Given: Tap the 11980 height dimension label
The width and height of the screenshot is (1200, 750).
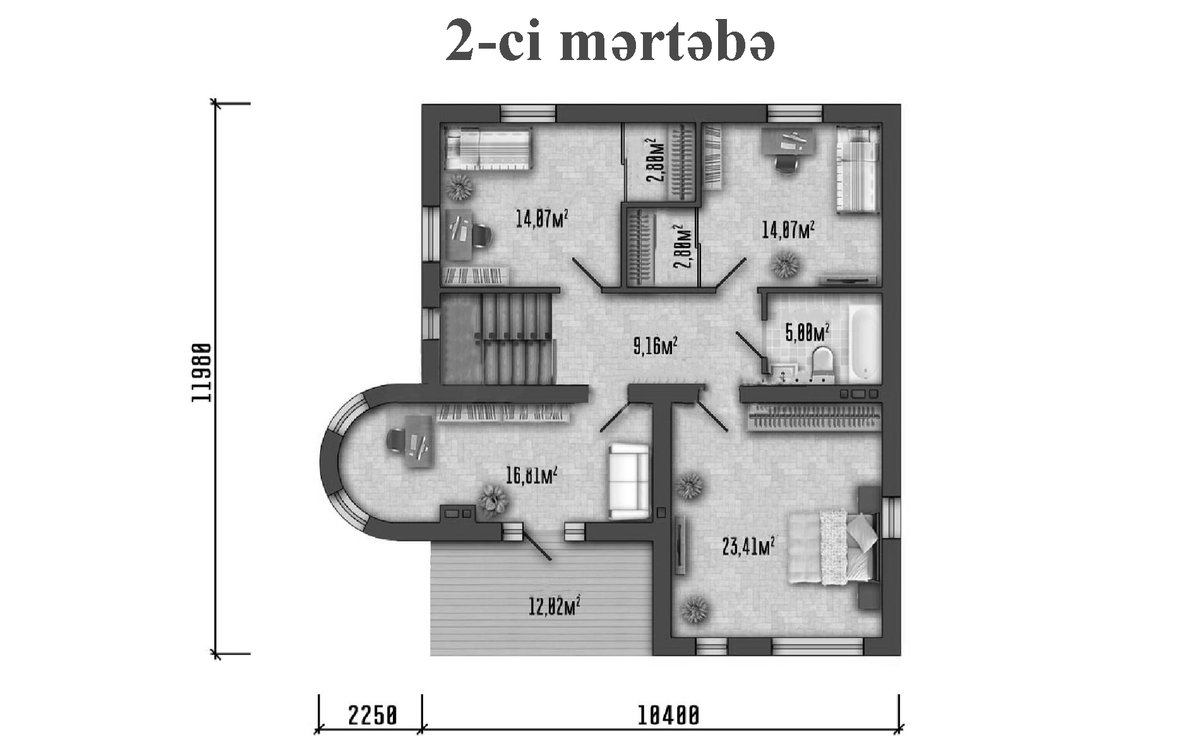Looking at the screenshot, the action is pyautogui.click(x=201, y=373).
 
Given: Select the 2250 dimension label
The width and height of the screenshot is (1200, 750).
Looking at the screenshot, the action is pyautogui.click(x=373, y=716).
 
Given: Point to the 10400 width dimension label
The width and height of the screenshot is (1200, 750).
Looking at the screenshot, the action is pyautogui.click(x=669, y=716).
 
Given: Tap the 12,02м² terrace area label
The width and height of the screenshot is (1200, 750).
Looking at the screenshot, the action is pyautogui.click(x=555, y=608).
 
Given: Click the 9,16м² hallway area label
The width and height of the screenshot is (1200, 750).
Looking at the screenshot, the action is pyautogui.click(x=656, y=346).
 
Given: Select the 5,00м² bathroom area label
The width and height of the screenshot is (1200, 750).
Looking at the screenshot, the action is pyautogui.click(x=808, y=332).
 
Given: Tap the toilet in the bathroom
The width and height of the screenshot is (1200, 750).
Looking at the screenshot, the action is pyautogui.click(x=823, y=364).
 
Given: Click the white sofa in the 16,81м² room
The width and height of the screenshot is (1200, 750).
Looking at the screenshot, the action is pyautogui.click(x=629, y=481).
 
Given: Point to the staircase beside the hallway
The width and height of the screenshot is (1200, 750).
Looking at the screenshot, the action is pyautogui.click(x=497, y=339).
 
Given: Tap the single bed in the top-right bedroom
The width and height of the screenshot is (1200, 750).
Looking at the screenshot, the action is pyautogui.click(x=858, y=169).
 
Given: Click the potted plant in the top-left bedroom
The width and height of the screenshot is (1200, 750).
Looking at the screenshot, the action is pyautogui.click(x=459, y=186).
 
